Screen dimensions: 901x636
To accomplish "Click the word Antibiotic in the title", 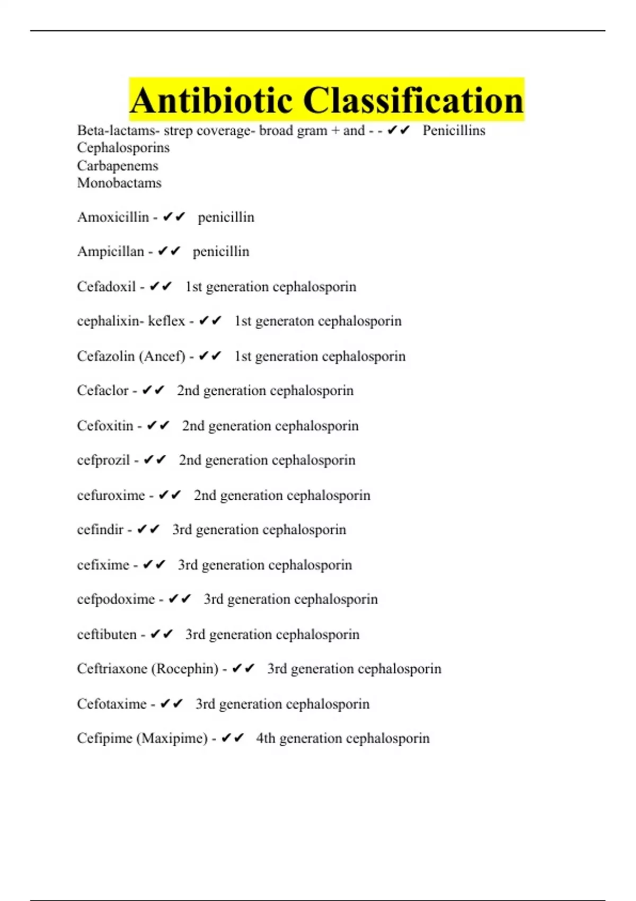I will tap(211, 101).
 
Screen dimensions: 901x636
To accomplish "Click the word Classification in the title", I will tap(413, 101).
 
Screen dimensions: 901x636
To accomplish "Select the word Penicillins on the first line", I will tap(454, 130).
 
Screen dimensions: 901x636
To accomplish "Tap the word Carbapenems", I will tap(118, 166).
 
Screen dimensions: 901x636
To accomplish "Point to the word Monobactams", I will tap(119, 183).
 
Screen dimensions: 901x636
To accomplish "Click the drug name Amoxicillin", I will tap(113, 217).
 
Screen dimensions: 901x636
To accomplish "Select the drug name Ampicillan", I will tap(110, 252).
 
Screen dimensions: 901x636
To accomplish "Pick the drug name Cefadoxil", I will tap(107, 287).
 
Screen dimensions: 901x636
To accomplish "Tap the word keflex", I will tap(166, 321).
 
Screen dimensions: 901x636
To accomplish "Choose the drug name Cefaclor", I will tap(103, 391).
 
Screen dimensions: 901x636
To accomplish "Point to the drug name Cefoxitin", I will tap(105, 426).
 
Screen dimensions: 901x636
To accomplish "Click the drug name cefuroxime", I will tap(111, 496).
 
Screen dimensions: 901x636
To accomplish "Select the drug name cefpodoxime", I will tap(116, 599).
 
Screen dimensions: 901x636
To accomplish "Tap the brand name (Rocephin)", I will tap(185, 669).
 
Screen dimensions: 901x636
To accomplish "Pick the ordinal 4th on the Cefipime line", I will tap(266, 738).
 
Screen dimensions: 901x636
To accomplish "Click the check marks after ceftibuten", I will tap(162, 634).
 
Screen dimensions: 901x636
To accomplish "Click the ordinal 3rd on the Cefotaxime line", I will tap(205, 704).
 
